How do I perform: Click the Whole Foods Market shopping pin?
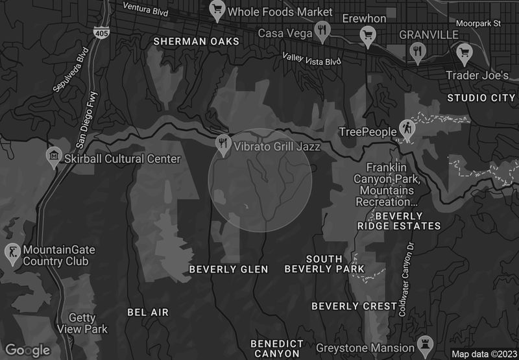216,10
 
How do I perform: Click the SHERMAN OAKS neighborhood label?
196,42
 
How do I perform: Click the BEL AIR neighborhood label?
148,312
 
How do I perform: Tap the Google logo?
28,350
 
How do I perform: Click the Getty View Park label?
88,324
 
